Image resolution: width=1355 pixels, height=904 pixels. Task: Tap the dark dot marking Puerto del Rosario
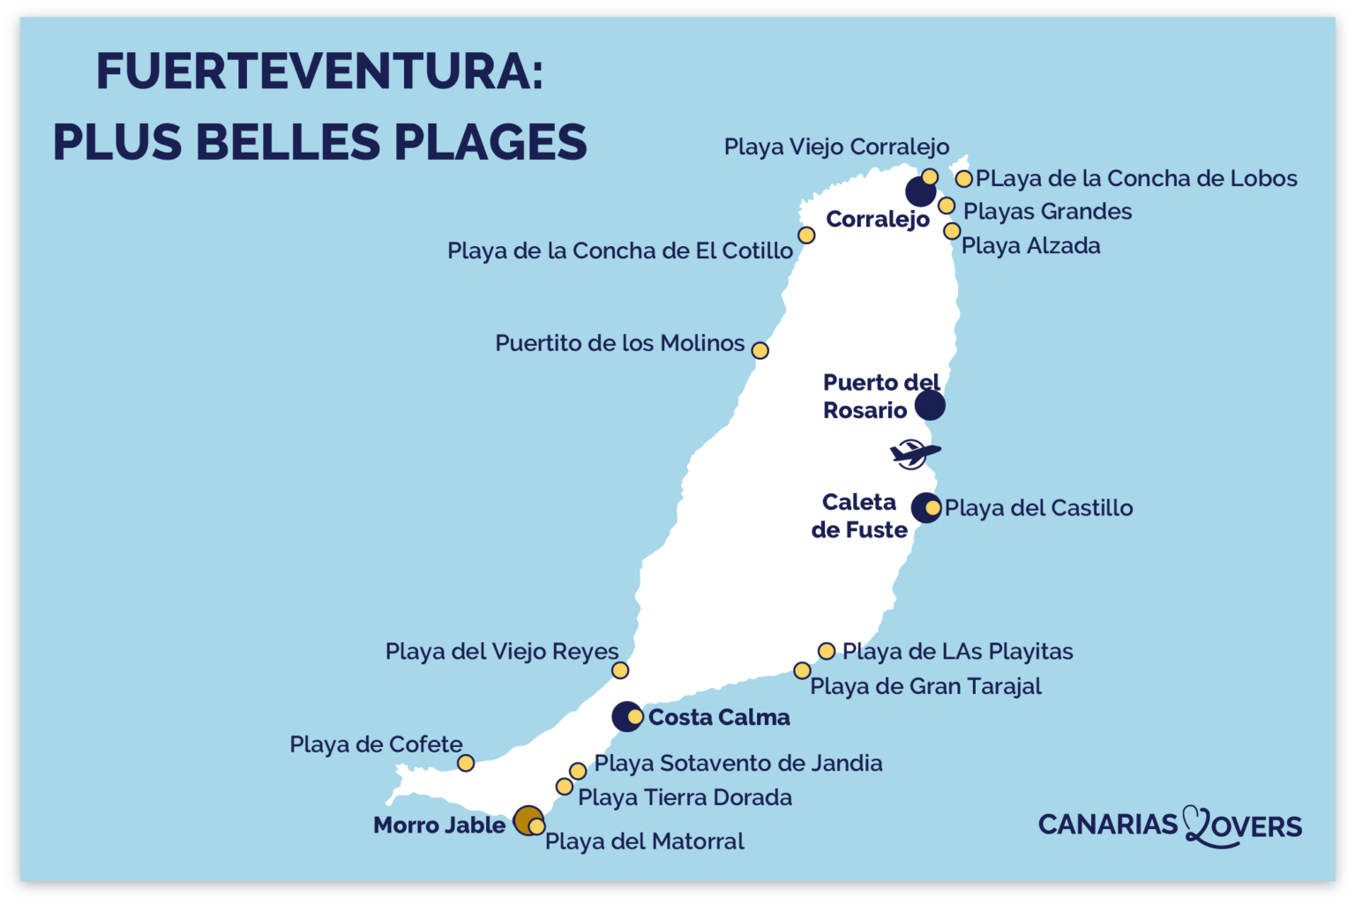[x=930, y=406]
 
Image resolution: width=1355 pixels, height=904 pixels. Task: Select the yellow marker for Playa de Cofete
[x=466, y=763]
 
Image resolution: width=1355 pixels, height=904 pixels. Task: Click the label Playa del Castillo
[x=1038, y=508]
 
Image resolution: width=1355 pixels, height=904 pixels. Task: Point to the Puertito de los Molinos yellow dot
[x=760, y=351]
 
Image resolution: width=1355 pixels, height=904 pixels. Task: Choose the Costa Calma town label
[x=719, y=718]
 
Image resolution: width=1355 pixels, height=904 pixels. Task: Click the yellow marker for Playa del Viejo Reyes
[x=620, y=670]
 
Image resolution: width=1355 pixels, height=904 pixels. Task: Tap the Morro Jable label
[x=439, y=826]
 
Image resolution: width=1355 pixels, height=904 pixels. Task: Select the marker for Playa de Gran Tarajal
[x=802, y=671]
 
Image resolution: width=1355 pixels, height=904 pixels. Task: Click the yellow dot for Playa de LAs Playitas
[x=827, y=651]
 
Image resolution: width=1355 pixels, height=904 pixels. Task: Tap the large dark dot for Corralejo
[x=920, y=191]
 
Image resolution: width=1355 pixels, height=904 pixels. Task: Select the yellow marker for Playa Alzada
[x=952, y=231]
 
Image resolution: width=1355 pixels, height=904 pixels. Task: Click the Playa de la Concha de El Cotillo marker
[x=806, y=235]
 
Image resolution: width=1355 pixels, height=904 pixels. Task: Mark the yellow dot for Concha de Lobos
[x=964, y=179]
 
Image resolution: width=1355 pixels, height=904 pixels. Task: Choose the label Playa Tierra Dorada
[x=685, y=797]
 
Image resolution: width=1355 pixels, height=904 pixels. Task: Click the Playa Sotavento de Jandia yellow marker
[x=578, y=772]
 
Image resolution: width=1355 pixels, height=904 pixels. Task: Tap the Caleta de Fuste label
[x=859, y=516]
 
